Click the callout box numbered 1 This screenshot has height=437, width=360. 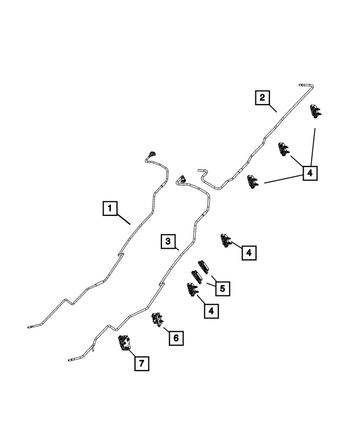click(x=110, y=208)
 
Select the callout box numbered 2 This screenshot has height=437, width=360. click(x=262, y=97)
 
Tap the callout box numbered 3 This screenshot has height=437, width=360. click(x=168, y=241)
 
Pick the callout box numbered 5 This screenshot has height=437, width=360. click(x=222, y=289)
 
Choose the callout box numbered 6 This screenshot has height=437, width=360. click(x=176, y=339)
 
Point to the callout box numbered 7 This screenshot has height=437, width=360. click(x=142, y=363)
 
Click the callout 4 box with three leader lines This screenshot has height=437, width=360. click(x=310, y=173)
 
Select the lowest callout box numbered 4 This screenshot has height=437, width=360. click(x=211, y=311)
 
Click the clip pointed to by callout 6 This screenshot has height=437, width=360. click(x=156, y=319)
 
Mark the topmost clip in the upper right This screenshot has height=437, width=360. click(x=316, y=111)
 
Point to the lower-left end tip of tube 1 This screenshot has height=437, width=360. click(x=29, y=327)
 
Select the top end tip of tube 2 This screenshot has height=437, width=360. click(x=300, y=84)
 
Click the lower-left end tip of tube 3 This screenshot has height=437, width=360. click(x=69, y=360)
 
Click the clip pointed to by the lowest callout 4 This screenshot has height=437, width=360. click(x=192, y=290)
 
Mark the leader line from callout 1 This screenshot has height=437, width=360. click(x=124, y=219)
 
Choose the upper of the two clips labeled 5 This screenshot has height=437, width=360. click(x=204, y=267)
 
